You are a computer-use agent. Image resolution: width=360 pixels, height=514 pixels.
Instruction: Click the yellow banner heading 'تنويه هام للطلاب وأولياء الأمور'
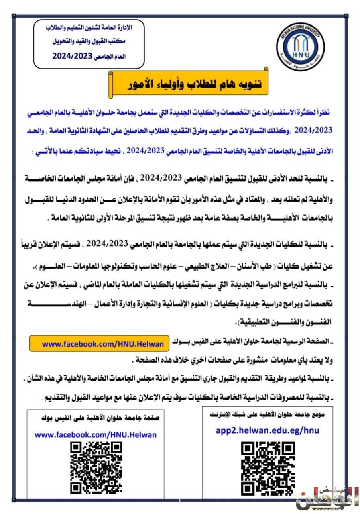tap(189, 84)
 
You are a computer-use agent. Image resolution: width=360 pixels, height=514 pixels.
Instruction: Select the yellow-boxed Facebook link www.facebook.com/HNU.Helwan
tap(103, 344)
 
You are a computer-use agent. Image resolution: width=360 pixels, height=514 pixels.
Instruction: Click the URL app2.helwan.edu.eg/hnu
tap(267, 430)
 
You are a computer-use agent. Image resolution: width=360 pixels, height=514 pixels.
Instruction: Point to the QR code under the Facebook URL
tap(96, 467)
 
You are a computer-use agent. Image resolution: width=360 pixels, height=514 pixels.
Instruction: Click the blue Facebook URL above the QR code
tap(96, 434)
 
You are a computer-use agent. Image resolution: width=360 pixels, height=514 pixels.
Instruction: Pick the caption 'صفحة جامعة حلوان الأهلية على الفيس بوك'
tap(100, 418)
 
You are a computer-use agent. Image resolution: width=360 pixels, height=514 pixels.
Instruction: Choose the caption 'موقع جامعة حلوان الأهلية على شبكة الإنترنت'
tap(267, 414)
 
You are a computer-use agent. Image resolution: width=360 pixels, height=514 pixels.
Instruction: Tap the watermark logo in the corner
tap(327, 498)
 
